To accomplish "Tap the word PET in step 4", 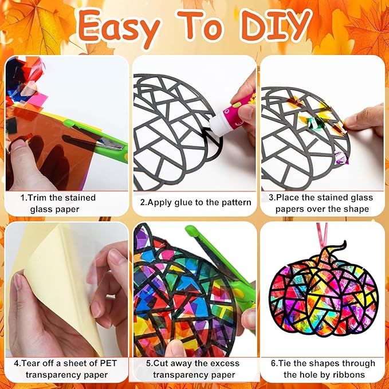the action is [x=108, y=363].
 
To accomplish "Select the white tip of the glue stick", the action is [x=215, y=124].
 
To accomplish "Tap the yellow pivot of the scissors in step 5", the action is [x=238, y=293].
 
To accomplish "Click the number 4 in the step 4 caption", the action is [x=17, y=363].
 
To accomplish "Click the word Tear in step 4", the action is [x=31, y=363].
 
